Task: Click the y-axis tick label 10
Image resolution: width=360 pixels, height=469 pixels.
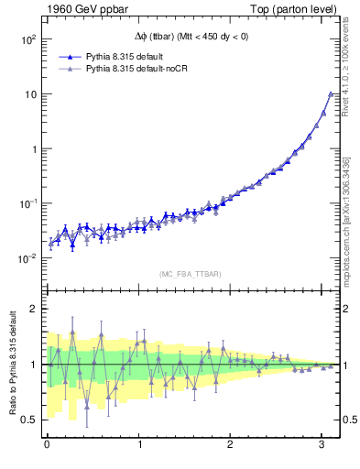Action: [29, 94]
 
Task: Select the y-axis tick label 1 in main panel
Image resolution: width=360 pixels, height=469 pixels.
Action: [33, 148]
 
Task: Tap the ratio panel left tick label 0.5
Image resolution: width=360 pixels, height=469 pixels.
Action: [29, 420]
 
